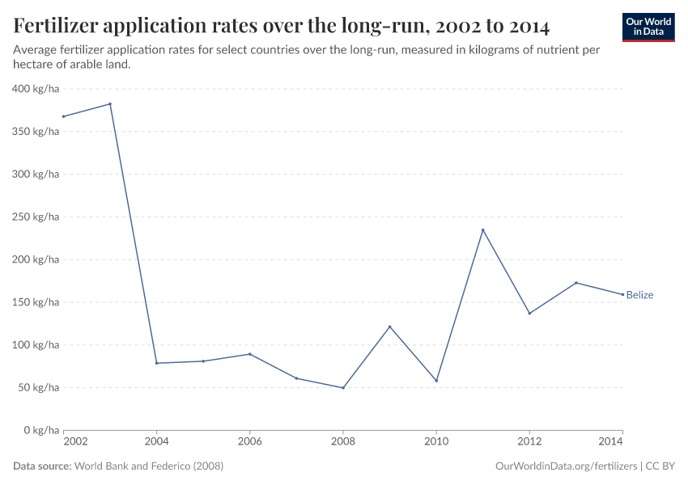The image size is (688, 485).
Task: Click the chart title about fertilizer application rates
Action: (x=282, y=27)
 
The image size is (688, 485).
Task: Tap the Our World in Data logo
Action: (x=648, y=27)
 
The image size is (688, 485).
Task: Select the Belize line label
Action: (x=639, y=295)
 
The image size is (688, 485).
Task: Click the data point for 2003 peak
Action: (x=110, y=103)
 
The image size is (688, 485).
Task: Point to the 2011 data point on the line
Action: (x=483, y=230)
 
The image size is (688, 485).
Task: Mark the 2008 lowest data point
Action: (x=343, y=388)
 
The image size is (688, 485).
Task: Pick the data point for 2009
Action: (x=390, y=327)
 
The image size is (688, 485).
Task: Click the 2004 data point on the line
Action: (x=157, y=363)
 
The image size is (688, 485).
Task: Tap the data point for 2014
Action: (x=622, y=294)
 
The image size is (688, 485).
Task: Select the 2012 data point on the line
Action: (x=529, y=314)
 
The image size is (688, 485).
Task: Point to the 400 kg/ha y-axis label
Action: (x=36, y=89)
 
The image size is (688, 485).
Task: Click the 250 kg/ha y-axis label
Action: (x=36, y=217)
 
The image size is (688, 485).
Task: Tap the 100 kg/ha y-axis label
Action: (x=36, y=345)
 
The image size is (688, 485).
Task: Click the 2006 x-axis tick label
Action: (x=250, y=443)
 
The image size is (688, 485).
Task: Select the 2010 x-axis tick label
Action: (x=436, y=443)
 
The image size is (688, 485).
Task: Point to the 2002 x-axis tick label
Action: (x=74, y=443)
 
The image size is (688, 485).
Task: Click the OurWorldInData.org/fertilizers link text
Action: (x=565, y=466)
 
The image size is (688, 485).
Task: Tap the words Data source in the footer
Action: (x=42, y=466)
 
